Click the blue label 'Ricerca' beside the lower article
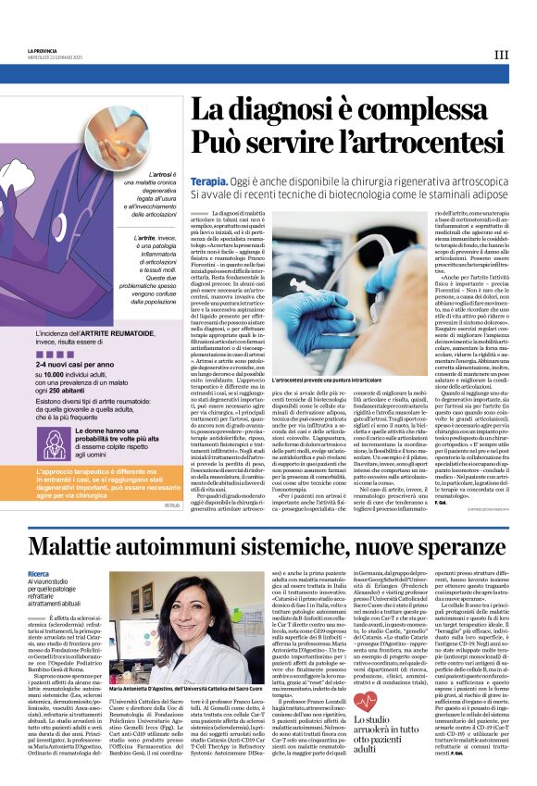(x=39, y=573)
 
